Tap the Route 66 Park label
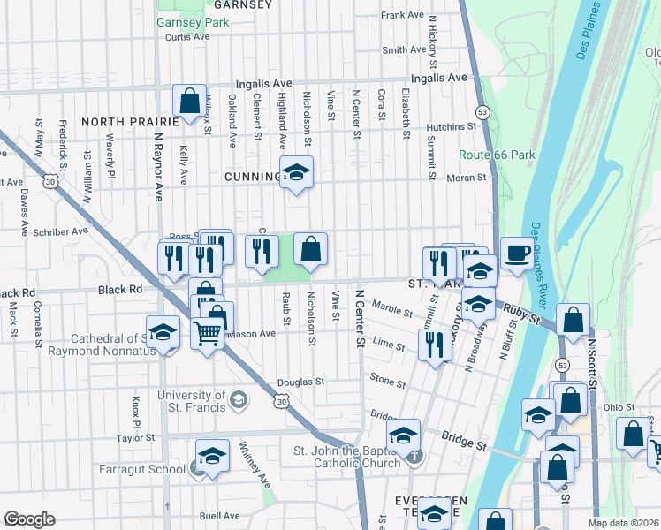pos(498,155)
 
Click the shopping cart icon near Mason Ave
pos(207,333)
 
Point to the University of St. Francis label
pos(191,402)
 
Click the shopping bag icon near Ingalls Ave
pos(189,102)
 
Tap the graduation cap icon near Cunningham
pos(296,173)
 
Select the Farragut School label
pos(141,468)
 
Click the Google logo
pos(29,519)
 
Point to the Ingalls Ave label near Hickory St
pos(438,78)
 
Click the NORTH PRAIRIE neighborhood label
pos(124,121)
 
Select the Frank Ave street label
pos(403,15)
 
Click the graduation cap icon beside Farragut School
pos(212,457)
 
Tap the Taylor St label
pos(135,438)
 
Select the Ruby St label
pos(522,313)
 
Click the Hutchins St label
pos(451,127)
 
